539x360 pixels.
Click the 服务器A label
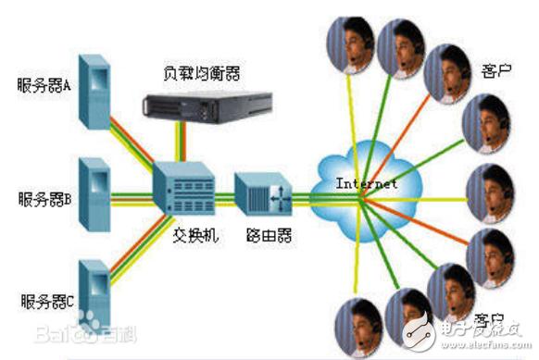45,87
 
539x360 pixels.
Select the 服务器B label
45,197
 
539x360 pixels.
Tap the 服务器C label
45,301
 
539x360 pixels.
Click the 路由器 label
265,236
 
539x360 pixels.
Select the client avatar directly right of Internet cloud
489,192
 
